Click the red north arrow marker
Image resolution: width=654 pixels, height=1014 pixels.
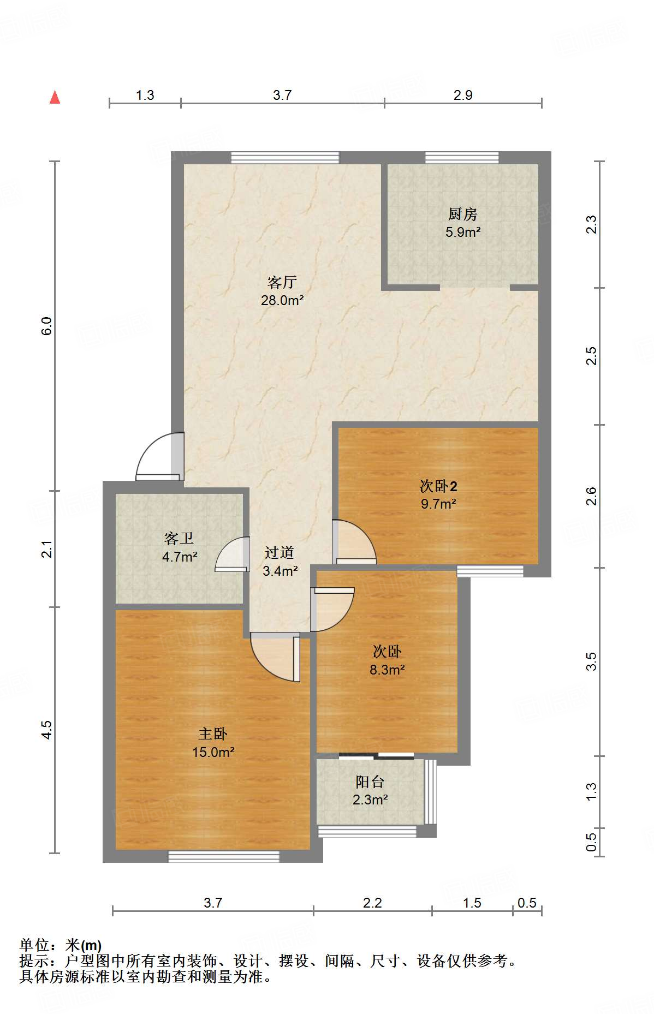[55, 97]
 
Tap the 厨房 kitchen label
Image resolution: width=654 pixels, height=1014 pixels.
[462, 214]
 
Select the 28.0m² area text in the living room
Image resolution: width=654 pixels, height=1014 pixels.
[282, 300]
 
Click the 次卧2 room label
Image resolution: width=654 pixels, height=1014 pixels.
[438, 485]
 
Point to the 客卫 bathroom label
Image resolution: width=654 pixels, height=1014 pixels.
[179, 539]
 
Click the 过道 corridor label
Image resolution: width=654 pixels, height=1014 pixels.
[280, 553]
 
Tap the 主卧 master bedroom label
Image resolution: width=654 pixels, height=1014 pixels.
[213, 733]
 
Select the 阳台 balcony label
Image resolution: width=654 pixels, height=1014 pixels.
[370, 782]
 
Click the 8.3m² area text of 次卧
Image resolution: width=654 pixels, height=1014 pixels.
[387, 670]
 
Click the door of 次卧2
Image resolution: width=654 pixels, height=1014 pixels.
[354, 541]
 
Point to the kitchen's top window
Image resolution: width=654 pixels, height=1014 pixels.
[462, 158]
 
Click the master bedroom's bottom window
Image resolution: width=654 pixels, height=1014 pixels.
[223, 856]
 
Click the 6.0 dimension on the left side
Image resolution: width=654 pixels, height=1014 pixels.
[47, 326]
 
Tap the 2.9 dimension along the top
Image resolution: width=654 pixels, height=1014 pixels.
[463, 95]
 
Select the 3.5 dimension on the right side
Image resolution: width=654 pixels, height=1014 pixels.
[591, 661]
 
